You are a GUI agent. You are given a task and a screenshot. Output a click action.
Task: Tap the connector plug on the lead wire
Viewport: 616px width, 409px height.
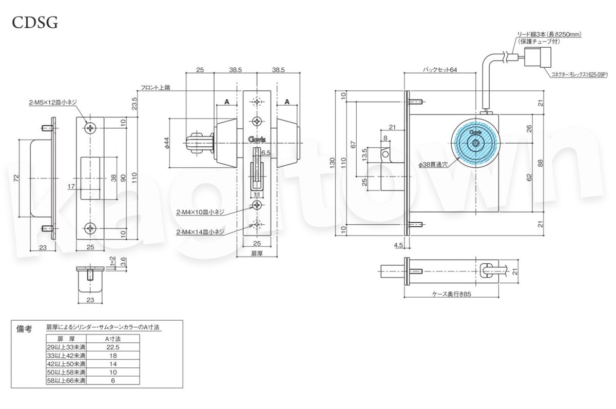click(536, 59)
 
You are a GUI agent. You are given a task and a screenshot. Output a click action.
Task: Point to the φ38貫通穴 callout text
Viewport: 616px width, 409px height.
click(433, 166)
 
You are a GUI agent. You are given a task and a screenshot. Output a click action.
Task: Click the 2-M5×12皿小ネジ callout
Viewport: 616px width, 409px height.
click(53, 103)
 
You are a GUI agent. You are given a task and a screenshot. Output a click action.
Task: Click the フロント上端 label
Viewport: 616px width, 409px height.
click(155, 88)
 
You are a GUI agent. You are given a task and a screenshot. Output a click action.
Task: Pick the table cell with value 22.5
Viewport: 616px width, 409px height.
click(112, 347)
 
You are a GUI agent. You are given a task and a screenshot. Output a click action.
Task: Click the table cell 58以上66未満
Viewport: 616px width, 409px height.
click(66, 380)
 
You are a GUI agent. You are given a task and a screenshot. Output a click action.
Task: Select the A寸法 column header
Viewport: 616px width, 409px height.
click(112, 339)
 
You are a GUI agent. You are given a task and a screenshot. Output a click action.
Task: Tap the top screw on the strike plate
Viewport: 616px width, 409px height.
click(91, 127)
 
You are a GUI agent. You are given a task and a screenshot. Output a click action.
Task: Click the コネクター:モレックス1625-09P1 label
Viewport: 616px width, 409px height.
click(579, 74)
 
